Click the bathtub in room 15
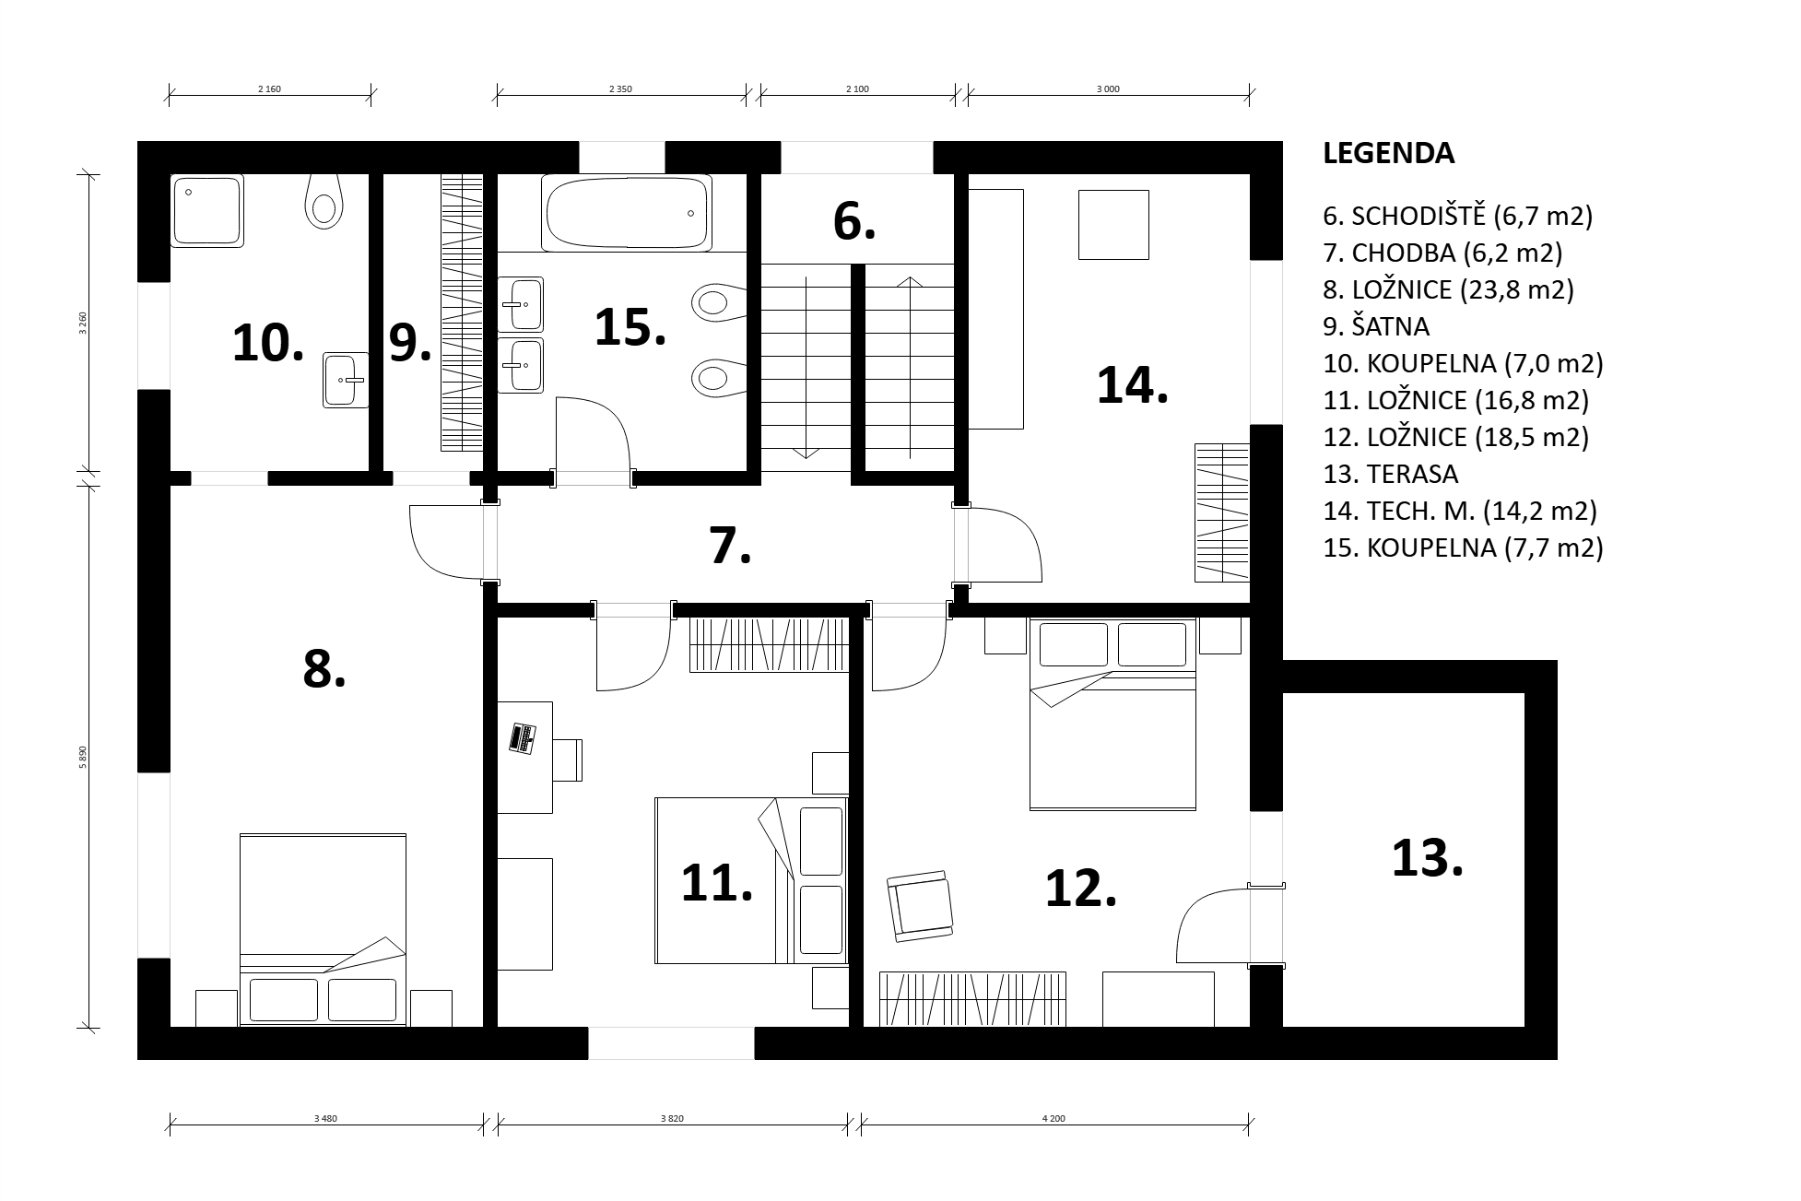[x=627, y=213]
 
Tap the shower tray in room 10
[x=206, y=211]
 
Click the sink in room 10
[x=346, y=380]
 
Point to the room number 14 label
[x=1132, y=384]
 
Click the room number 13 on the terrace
[x=1427, y=858]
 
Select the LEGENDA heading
[x=1388, y=153]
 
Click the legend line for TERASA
[x=1391, y=474]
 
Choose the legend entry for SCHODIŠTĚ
[x=1458, y=216]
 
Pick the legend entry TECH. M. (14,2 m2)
[x=1460, y=511]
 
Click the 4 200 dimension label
[x=1054, y=1119]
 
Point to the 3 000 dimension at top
[x=1108, y=89]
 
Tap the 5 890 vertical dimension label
[x=83, y=756]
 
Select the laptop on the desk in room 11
[x=523, y=738]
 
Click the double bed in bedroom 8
[x=324, y=930]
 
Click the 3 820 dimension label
[x=672, y=1119]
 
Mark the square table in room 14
[x=1113, y=225]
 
